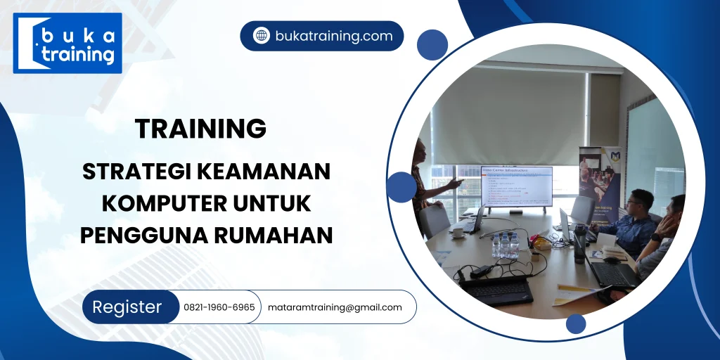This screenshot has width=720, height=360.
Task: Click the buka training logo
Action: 67,44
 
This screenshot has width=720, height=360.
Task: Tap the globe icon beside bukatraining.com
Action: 262,36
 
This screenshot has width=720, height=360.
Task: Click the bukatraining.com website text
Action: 334,36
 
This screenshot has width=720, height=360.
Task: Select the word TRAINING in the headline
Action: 200,129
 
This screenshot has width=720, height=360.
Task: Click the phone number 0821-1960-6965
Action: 219,307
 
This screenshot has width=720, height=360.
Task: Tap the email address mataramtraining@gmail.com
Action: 335,307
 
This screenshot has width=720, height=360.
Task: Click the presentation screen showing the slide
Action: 516,186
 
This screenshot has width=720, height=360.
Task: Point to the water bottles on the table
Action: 505,245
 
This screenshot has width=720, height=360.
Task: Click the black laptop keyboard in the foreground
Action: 496,289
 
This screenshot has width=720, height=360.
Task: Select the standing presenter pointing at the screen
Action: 424,183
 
